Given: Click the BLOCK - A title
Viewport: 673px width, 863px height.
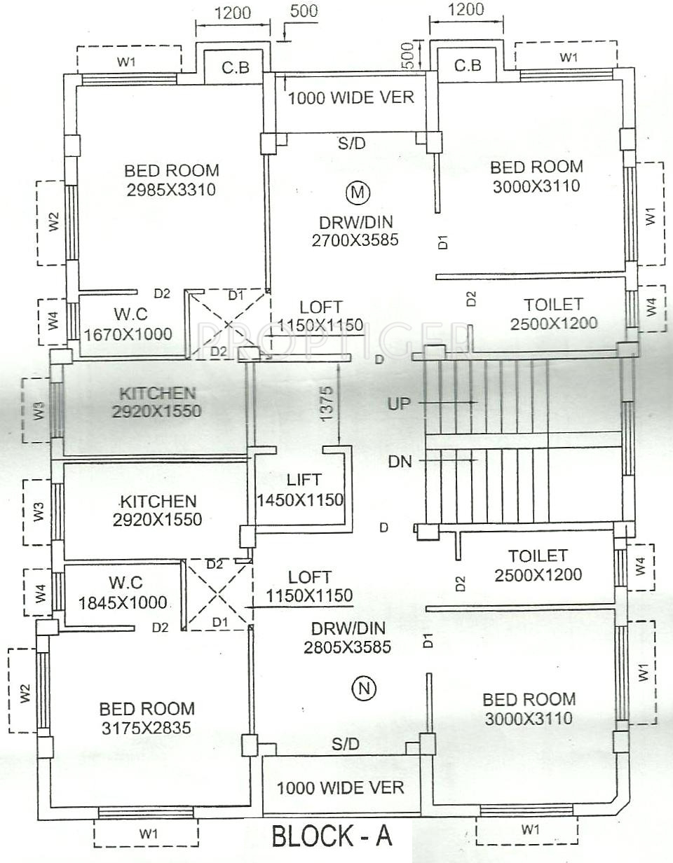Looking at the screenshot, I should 331,836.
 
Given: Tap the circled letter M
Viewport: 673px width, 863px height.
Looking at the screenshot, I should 358,191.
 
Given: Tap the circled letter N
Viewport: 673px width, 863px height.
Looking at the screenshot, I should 364,689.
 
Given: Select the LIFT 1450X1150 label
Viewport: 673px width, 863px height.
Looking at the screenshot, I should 301,490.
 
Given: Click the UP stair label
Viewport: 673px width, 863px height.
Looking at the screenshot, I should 398,403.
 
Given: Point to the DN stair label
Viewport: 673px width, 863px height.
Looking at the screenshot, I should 400,461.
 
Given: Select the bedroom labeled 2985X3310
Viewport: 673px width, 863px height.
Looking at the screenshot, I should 172,179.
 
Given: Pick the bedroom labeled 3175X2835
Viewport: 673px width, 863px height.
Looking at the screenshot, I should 147,718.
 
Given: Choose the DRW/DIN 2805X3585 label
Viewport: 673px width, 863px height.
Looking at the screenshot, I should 347,637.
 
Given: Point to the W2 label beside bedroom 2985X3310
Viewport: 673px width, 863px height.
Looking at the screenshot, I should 55,222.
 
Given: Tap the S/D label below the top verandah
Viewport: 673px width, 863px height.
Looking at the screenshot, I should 351,144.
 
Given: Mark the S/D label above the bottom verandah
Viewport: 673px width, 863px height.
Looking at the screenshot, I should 346,745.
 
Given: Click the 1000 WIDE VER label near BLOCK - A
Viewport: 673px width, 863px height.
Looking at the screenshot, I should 340,787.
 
